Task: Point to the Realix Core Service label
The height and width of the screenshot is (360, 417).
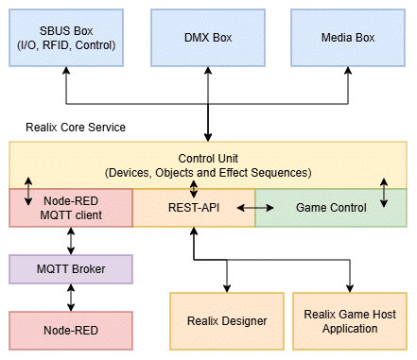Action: pyautogui.click(x=77, y=127)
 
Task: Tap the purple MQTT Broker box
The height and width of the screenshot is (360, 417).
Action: pyautogui.click(x=71, y=269)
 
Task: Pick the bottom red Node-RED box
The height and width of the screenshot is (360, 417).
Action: pyautogui.click(x=71, y=330)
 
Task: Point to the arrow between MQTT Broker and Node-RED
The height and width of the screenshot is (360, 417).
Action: pyautogui.click(x=71, y=298)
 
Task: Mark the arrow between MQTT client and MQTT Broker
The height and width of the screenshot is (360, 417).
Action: pyautogui.click(x=71, y=241)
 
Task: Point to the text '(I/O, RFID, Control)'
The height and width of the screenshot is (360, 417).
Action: pyautogui.click(x=66, y=44)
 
